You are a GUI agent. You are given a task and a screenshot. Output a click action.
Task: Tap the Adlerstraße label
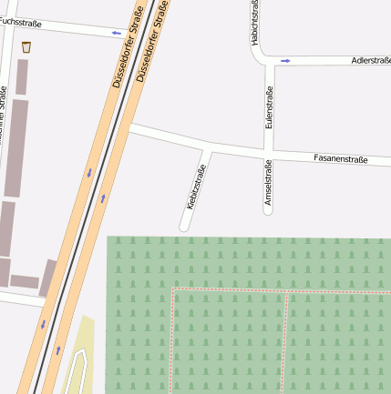(x=370, y=61)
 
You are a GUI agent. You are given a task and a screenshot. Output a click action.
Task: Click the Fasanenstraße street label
(x=340, y=159)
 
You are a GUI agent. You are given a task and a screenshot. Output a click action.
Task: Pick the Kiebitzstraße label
(x=196, y=187)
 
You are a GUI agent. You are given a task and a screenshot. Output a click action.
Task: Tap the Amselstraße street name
(x=268, y=186)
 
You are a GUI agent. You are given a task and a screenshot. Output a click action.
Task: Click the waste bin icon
(x=26, y=46)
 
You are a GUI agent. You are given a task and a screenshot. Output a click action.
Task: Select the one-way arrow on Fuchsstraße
(x=116, y=33)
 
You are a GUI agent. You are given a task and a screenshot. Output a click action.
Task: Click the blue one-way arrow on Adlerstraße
(x=285, y=61)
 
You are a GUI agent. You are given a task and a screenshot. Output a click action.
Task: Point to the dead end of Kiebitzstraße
(x=184, y=226)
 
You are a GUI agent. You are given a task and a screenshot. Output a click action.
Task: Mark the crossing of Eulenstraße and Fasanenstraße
(x=269, y=154)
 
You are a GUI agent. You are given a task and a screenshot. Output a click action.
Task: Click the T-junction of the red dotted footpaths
(x=288, y=292)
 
